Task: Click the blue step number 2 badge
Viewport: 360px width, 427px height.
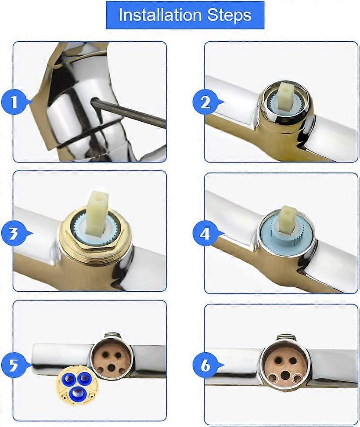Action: pyautogui.click(x=205, y=103)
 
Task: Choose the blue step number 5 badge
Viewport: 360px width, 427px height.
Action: pyautogui.click(x=14, y=365)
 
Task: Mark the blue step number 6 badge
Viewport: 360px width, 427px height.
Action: pyautogui.click(x=205, y=365)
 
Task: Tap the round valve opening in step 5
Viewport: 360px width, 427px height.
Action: pyautogui.click(x=112, y=358)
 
